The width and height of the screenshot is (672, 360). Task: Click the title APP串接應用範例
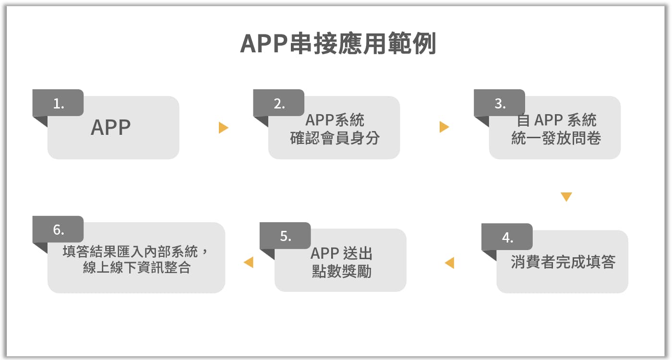[338, 44]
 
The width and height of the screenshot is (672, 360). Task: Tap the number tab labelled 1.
[58, 103]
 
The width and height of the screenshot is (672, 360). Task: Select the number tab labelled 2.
[279, 103]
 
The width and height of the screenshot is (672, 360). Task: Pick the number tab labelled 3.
[500, 103]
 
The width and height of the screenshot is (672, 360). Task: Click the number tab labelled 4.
[507, 237]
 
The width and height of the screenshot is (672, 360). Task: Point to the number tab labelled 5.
[285, 236]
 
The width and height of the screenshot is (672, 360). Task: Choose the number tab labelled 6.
[58, 229]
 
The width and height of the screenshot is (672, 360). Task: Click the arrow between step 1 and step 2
[224, 128]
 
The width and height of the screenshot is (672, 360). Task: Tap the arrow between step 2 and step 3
[444, 127]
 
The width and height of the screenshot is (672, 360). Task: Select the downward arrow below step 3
[566, 197]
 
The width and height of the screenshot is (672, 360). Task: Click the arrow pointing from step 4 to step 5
[449, 263]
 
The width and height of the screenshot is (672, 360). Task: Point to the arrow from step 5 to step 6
[249, 262]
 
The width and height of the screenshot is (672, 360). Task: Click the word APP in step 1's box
[111, 128]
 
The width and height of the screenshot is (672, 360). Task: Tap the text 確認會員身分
[335, 138]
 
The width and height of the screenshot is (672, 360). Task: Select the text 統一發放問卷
[556, 138]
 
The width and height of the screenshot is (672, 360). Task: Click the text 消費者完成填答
[563, 262]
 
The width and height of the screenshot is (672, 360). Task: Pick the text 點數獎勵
[341, 271]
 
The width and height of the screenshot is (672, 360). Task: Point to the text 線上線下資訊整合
[137, 267]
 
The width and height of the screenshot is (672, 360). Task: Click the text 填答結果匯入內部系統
[130, 252]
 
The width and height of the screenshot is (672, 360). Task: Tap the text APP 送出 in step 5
[341, 253]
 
